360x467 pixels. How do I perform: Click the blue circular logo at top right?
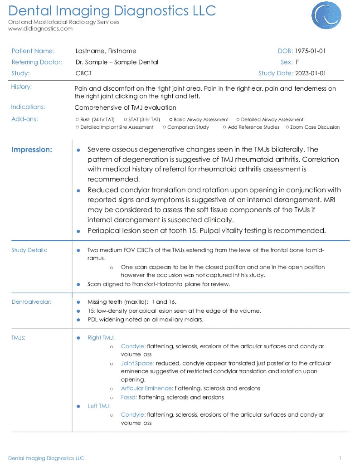(326, 15)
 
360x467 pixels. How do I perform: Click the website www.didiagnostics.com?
(40, 29)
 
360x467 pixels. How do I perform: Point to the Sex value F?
(297, 62)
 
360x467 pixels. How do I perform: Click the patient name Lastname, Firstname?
(106, 51)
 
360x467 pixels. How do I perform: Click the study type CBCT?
(83, 73)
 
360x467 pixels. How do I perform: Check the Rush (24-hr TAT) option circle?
(77, 120)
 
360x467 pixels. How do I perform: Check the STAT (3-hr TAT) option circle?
(125, 120)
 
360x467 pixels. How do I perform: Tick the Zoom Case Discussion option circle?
(287, 127)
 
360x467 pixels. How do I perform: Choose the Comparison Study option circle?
(164, 127)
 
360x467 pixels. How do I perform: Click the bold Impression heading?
(32, 150)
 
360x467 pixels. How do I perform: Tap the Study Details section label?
(29, 250)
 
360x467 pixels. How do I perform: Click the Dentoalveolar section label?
(31, 302)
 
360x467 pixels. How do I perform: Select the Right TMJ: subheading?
(101, 338)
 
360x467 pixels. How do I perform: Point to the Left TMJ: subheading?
(99, 406)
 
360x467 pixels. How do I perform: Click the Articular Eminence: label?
(146, 389)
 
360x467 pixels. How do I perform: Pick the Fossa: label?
(129, 398)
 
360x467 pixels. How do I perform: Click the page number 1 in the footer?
(340, 458)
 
